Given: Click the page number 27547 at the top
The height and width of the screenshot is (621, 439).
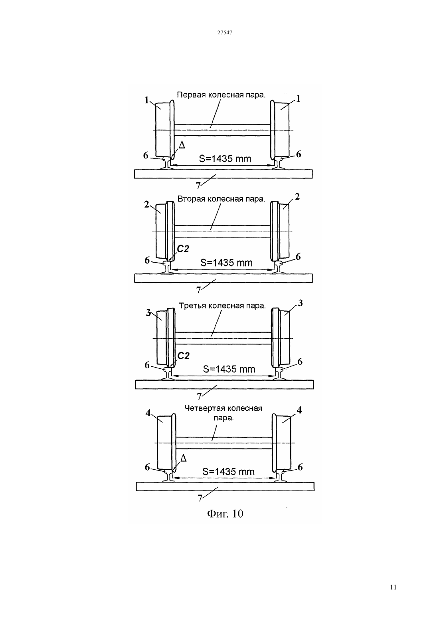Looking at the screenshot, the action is tap(224, 32).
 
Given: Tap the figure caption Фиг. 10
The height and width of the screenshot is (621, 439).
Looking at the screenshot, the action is tap(225, 514).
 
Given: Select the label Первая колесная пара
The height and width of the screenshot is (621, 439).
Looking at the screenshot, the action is tap(221, 95).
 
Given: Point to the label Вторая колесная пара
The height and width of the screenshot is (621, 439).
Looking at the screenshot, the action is tap(221, 199).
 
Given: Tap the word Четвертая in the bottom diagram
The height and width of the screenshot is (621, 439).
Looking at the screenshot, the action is tap(203, 408).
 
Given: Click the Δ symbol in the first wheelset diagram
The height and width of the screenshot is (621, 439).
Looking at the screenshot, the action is tap(182, 144).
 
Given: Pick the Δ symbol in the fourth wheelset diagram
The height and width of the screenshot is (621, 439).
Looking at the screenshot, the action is tap(183, 459).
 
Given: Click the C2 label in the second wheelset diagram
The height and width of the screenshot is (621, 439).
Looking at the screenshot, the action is tap(183, 249).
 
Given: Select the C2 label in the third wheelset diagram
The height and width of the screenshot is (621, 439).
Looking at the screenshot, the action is tap(183, 356).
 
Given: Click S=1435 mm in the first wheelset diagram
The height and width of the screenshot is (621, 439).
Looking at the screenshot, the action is tap(225, 158).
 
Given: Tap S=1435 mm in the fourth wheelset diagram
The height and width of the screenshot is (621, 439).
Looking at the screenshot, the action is tap(228, 472).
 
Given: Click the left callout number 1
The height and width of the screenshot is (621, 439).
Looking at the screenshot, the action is tap(146, 100).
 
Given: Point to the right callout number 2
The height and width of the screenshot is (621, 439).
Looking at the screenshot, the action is tap(297, 197).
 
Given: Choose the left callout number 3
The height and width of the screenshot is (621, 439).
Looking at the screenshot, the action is tap(148, 313).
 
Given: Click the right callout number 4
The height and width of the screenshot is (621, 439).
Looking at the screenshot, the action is tap(299, 410).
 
